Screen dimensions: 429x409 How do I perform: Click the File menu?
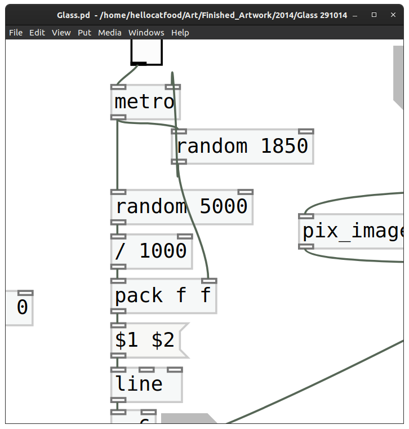coord(16,33)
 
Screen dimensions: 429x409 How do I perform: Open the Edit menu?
coord(37,33)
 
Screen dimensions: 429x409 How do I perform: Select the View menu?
coord(61,33)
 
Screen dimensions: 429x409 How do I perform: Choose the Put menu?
coord(85,33)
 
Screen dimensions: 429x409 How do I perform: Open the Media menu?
coord(110,33)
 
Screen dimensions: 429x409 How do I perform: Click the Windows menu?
coord(146,33)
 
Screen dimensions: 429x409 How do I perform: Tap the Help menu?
coord(180,33)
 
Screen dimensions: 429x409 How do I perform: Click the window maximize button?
coord(374,15)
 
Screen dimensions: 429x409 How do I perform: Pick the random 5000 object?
coord(182,207)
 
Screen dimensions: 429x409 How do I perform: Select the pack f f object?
coord(163,296)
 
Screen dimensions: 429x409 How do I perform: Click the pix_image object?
coord(353,231)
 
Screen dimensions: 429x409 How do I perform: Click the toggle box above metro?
coord(146,51)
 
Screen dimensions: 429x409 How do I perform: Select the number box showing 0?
coord(19,308)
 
